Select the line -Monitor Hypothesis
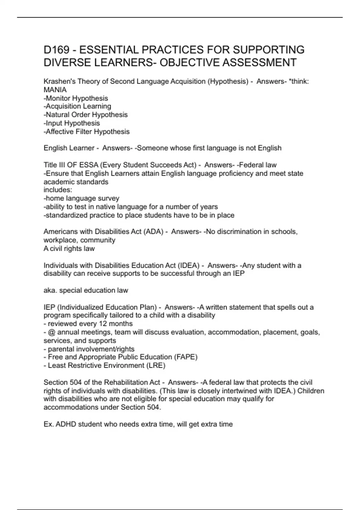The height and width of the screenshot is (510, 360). (76, 98)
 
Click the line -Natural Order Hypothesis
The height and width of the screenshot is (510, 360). (85, 115)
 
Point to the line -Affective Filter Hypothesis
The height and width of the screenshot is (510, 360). (87, 131)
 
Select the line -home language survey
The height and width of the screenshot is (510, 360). (82, 198)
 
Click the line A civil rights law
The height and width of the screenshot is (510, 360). (69, 248)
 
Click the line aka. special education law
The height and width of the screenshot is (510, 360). (86, 290)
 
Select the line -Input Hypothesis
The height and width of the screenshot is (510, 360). (72, 123)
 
